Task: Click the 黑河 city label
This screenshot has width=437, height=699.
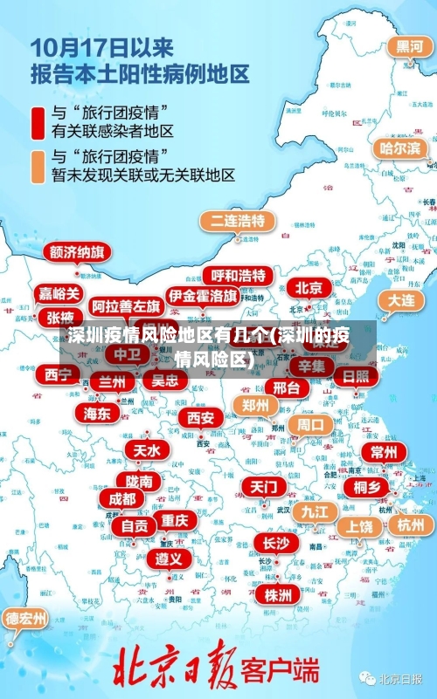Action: [410, 47]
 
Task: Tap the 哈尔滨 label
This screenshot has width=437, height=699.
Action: [399, 148]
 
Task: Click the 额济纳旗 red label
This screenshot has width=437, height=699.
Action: [78, 252]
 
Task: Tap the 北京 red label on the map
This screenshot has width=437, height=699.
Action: [309, 287]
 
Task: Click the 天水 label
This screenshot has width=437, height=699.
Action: [147, 450]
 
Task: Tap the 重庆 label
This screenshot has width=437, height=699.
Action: [175, 520]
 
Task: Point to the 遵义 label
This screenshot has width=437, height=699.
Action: [169, 558]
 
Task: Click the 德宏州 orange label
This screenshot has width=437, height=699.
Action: [26, 619]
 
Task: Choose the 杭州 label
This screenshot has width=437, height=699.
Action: [410, 524]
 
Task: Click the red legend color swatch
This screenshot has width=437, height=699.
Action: [38, 123]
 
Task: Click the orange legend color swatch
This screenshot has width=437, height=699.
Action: [38, 166]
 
